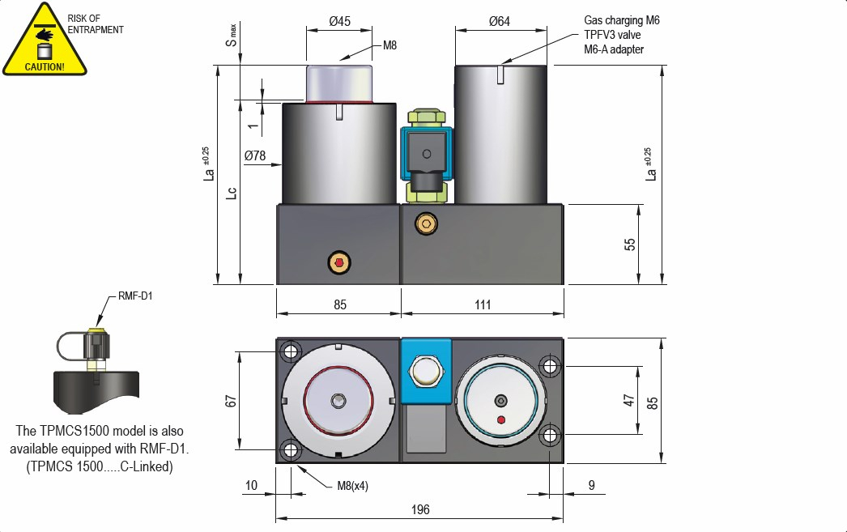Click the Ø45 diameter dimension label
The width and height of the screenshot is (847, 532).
point(340,22)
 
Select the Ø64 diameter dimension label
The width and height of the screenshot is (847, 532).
point(500,22)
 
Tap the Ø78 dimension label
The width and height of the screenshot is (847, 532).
point(255,155)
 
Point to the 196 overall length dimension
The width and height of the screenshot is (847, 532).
point(419,509)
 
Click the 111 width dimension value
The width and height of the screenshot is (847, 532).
point(483,304)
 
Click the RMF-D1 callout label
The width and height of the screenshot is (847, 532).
point(135,296)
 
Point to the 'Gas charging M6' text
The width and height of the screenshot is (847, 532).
point(622,20)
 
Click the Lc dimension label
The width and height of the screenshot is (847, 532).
point(232,193)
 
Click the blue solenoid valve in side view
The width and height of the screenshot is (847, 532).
point(424,153)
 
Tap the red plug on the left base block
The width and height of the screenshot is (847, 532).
point(338,262)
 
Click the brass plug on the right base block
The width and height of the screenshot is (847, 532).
point(424,223)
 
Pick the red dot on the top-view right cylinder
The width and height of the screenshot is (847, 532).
point(501,419)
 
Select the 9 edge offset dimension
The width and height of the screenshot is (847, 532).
point(592,485)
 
